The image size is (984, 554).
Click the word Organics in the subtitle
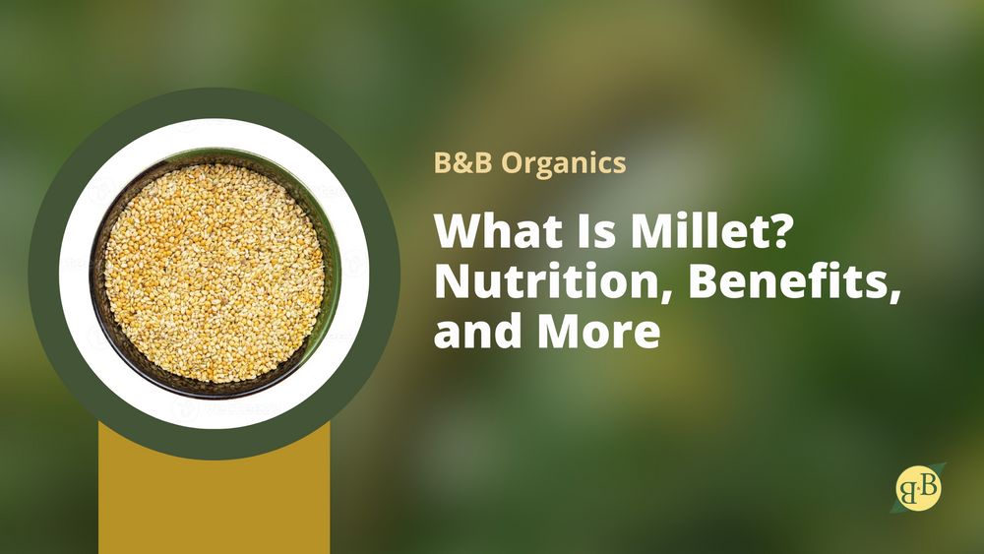click(x=564, y=164)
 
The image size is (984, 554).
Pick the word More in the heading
click(x=598, y=332)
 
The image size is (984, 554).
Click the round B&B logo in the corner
click(x=919, y=487)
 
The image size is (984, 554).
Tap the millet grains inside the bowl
click(x=214, y=273)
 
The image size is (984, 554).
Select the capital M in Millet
click(x=651, y=231)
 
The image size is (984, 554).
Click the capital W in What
click(x=459, y=231)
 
